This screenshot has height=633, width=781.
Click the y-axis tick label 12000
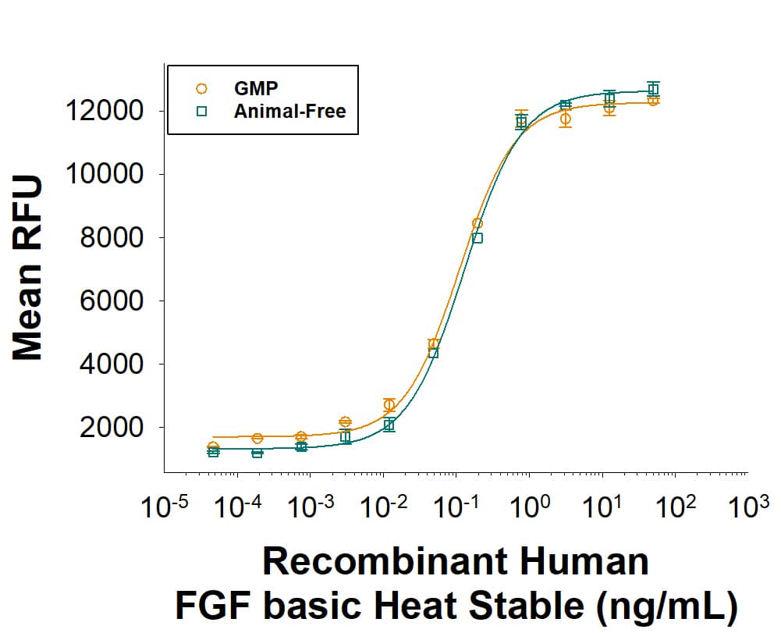[104, 111]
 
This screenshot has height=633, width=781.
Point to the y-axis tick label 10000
[104, 174]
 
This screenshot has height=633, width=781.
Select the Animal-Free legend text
[289, 111]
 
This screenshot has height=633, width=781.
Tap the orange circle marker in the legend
[201, 89]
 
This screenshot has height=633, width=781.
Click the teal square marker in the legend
[201, 111]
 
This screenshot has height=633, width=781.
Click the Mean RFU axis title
[28, 268]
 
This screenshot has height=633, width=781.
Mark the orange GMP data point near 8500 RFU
[477, 223]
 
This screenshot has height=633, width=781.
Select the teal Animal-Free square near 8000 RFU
[477, 238]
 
